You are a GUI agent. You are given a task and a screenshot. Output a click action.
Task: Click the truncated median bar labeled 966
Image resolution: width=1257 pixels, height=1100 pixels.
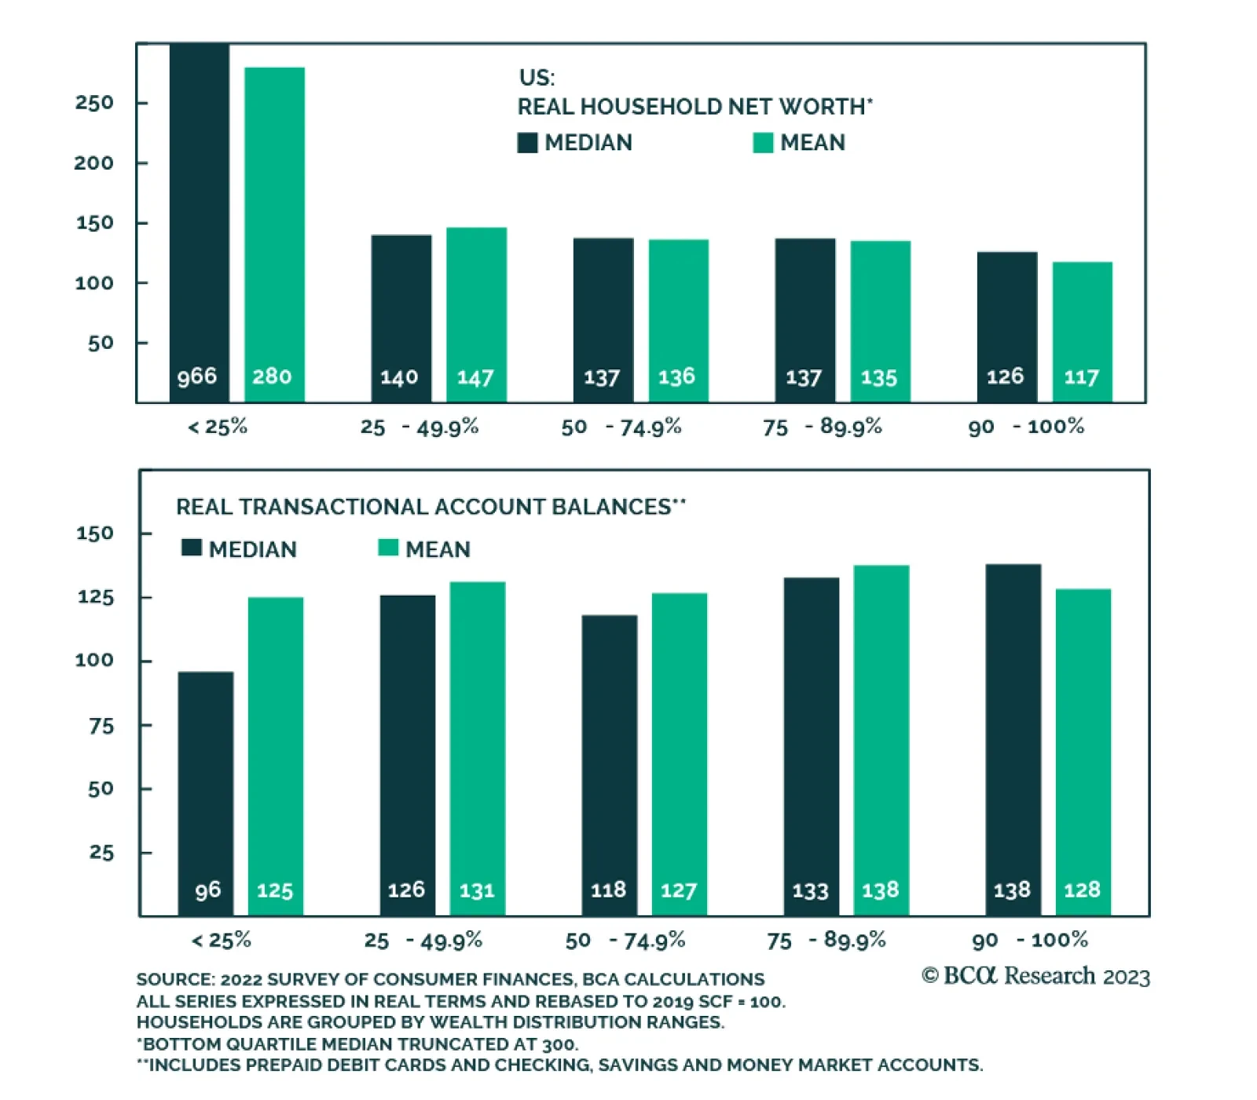pyautogui.click(x=200, y=223)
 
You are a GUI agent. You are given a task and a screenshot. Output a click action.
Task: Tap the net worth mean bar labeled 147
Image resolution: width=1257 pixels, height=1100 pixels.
pyautogui.click(x=476, y=314)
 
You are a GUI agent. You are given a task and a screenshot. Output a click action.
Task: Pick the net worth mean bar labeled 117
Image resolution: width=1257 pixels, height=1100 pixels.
pyautogui.click(x=1082, y=332)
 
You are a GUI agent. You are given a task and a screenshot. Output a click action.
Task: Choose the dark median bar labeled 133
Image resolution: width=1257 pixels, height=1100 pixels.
pyautogui.click(x=811, y=746)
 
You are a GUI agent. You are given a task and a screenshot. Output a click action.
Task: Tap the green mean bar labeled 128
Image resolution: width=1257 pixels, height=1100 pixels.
pyautogui.click(x=1083, y=751)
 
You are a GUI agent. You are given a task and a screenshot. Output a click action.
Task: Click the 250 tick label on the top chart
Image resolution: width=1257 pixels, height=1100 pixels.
pyautogui.click(x=94, y=103)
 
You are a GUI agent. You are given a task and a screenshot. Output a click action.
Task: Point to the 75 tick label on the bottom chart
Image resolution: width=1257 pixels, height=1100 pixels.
pyautogui.click(x=101, y=726)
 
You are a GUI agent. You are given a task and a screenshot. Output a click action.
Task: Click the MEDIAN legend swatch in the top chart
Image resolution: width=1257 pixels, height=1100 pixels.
pyautogui.click(x=527, y=143)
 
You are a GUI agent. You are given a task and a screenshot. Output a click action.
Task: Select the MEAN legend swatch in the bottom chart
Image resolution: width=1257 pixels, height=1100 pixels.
pyautogui.click(x=388, y=548)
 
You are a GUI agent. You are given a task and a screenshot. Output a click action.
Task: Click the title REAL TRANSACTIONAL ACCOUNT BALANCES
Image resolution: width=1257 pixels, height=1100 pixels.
pyautogui.click(x=431, y=507)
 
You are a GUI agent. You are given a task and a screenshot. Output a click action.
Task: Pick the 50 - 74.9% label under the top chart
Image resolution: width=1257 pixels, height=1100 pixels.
pyautogui.click(x=621, y=427)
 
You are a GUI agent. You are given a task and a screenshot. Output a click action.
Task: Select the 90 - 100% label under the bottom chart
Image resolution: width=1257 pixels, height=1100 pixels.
pyautogui.click(x=1030, y=940)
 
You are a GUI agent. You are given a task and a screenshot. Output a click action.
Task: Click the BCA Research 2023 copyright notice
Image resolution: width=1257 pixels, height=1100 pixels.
pyautogui.click(x=1035, y=977)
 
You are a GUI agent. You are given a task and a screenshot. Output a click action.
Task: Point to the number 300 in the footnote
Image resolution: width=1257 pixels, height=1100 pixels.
pyautogui.click(x=559, y=1044)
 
